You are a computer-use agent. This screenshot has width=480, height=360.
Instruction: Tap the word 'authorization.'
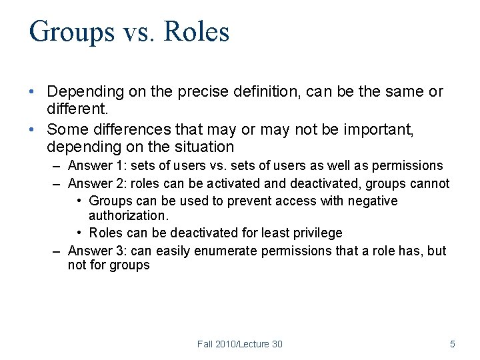click(127, 216)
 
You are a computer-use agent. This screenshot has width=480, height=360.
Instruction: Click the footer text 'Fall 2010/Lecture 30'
click(240, 344)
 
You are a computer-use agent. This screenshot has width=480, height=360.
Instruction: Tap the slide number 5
click(453, 344)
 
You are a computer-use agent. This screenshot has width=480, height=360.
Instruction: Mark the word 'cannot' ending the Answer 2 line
click(431, 183)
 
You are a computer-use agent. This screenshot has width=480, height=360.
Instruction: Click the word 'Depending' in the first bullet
click(81, 92)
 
